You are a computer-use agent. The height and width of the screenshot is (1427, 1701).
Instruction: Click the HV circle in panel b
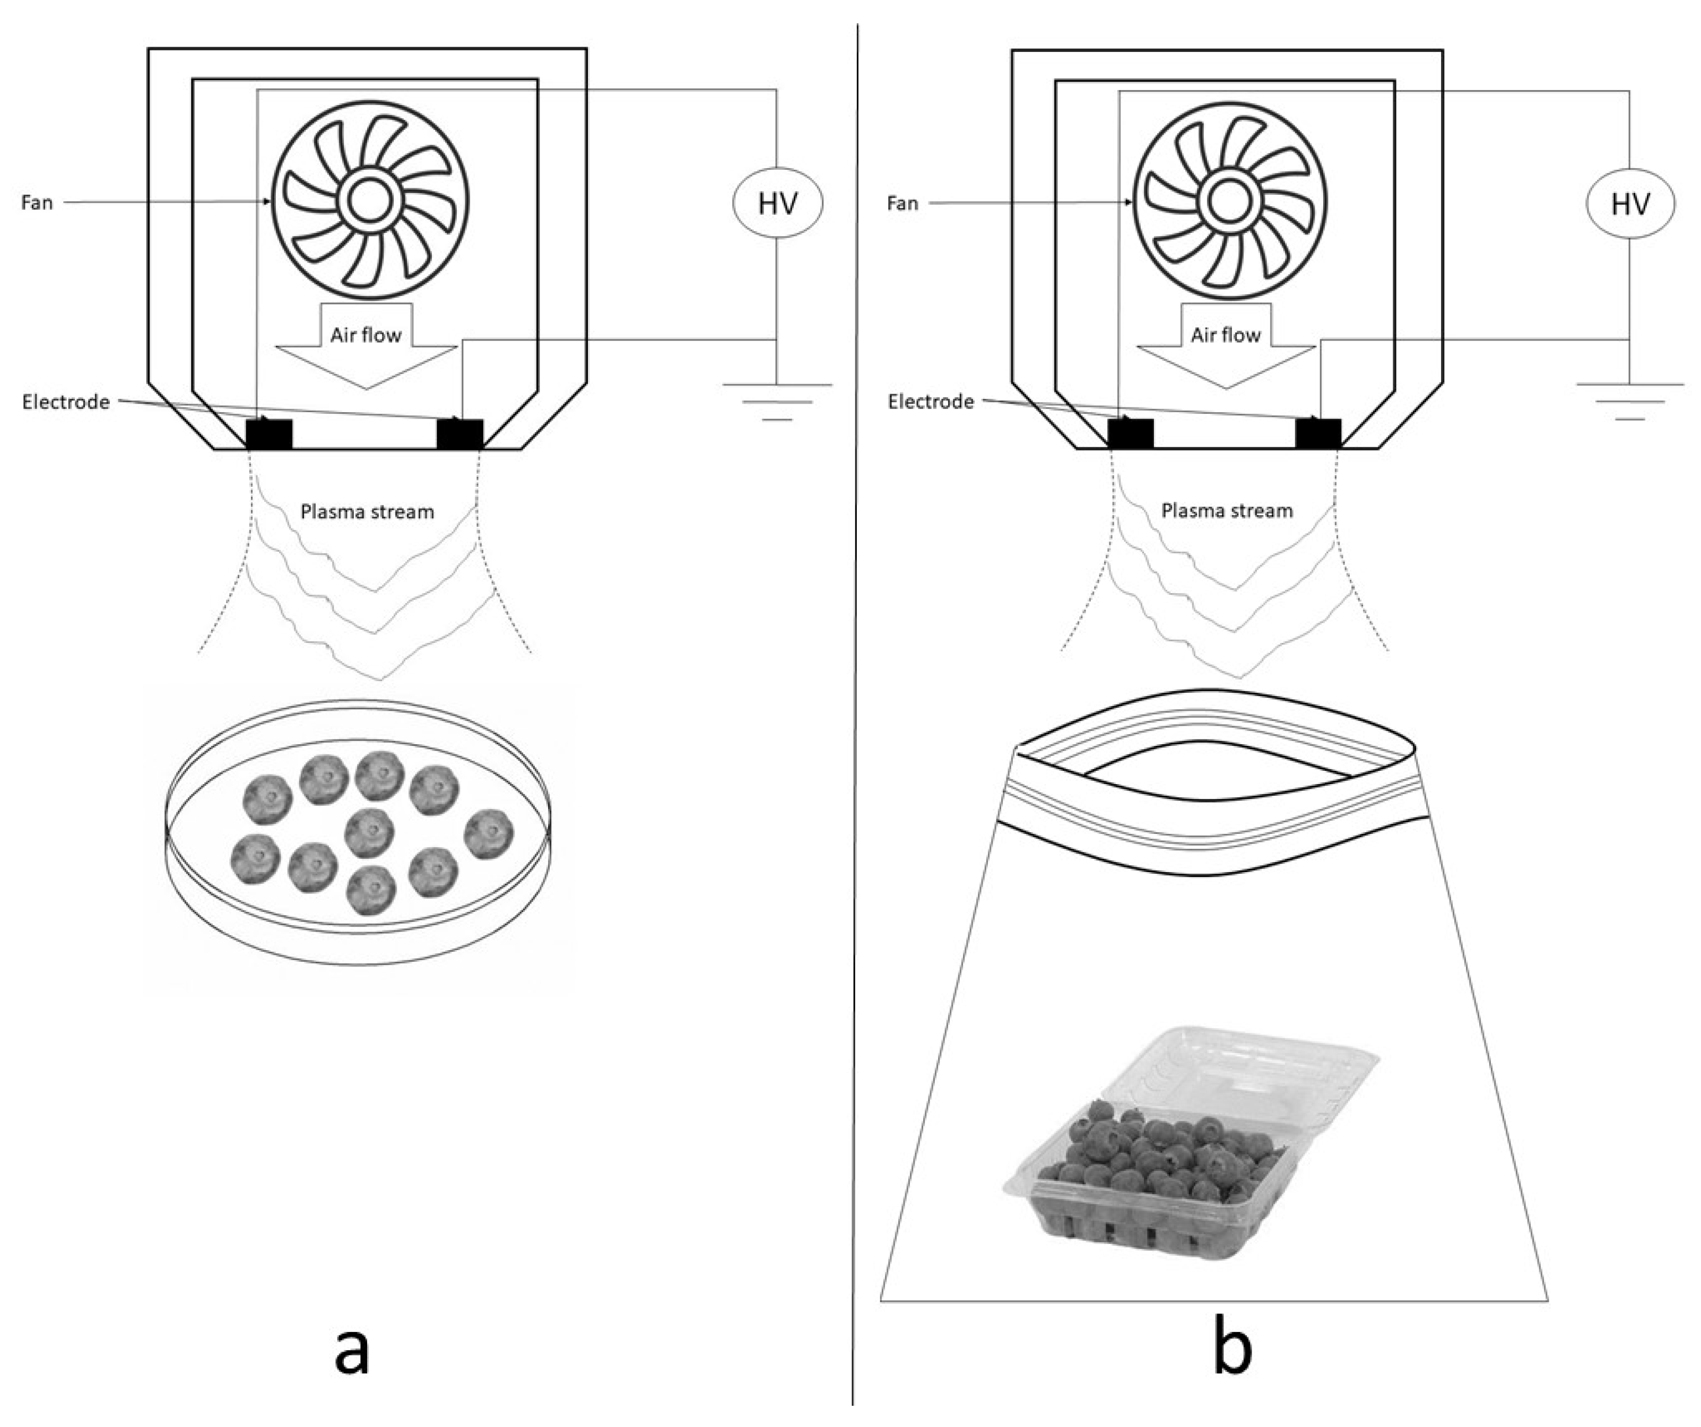(x=1630, y=203)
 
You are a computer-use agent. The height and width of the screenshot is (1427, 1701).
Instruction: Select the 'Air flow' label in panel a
(x=366, y=335)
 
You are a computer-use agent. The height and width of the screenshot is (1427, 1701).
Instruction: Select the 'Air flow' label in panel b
(x=1226, y=335)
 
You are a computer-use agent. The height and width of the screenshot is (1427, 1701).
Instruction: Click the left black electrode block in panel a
(x=269, y=434)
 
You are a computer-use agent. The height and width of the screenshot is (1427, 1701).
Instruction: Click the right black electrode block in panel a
(x=459, y=434)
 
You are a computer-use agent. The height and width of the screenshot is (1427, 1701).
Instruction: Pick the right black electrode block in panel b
(x=1318, y=433)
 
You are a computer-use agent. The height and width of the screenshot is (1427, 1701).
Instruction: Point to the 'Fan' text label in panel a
(x=37, y=203)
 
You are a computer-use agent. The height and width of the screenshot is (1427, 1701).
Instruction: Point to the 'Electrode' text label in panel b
(x=930, y=402)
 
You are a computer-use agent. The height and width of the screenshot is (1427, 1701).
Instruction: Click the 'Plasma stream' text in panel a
(x=367, y=512)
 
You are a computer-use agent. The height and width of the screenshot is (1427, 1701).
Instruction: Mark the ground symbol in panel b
(x=1630, y=402)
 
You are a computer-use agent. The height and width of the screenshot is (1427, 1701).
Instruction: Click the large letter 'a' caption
(x=352, y=1351)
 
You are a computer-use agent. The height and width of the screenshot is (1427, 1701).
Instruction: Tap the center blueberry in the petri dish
(x=369, y=832)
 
